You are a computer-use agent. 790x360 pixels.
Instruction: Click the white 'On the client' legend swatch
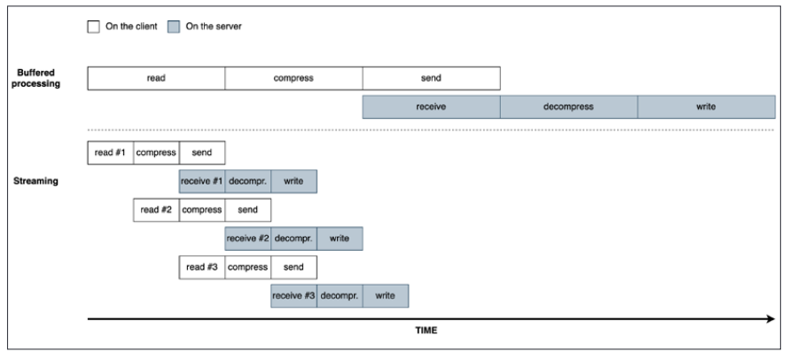click(93, 27)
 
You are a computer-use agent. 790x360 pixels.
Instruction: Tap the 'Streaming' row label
click(37, 181)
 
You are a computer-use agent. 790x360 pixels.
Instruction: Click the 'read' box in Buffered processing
click(156, 78)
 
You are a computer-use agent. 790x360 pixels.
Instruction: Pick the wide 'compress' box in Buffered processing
click(293, 78)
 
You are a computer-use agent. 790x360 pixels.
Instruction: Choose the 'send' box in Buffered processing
click(431, 78)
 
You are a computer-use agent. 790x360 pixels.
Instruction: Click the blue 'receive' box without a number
click(431, 106)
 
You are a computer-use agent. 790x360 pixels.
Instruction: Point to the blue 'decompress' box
click(568, 106)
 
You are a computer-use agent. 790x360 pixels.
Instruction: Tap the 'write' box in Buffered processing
click(706, 106)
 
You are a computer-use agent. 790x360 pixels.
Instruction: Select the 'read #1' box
click(110, 153)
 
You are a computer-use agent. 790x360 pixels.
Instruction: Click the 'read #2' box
click(156, 210)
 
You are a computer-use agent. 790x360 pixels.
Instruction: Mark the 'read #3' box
click(202, 267)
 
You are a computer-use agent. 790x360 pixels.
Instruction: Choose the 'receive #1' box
click(202, 181)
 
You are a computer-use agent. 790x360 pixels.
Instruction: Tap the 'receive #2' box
click(248, 239)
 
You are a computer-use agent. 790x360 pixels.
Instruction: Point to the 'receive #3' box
click(293, 295)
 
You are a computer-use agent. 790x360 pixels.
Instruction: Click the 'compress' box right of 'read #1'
click(156, 153)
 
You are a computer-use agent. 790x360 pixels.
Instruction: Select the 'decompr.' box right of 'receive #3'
click(340, 295)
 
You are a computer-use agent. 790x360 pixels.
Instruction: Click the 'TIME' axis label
click(426, 332)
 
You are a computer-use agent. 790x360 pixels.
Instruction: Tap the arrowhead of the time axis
click(769, 318)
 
